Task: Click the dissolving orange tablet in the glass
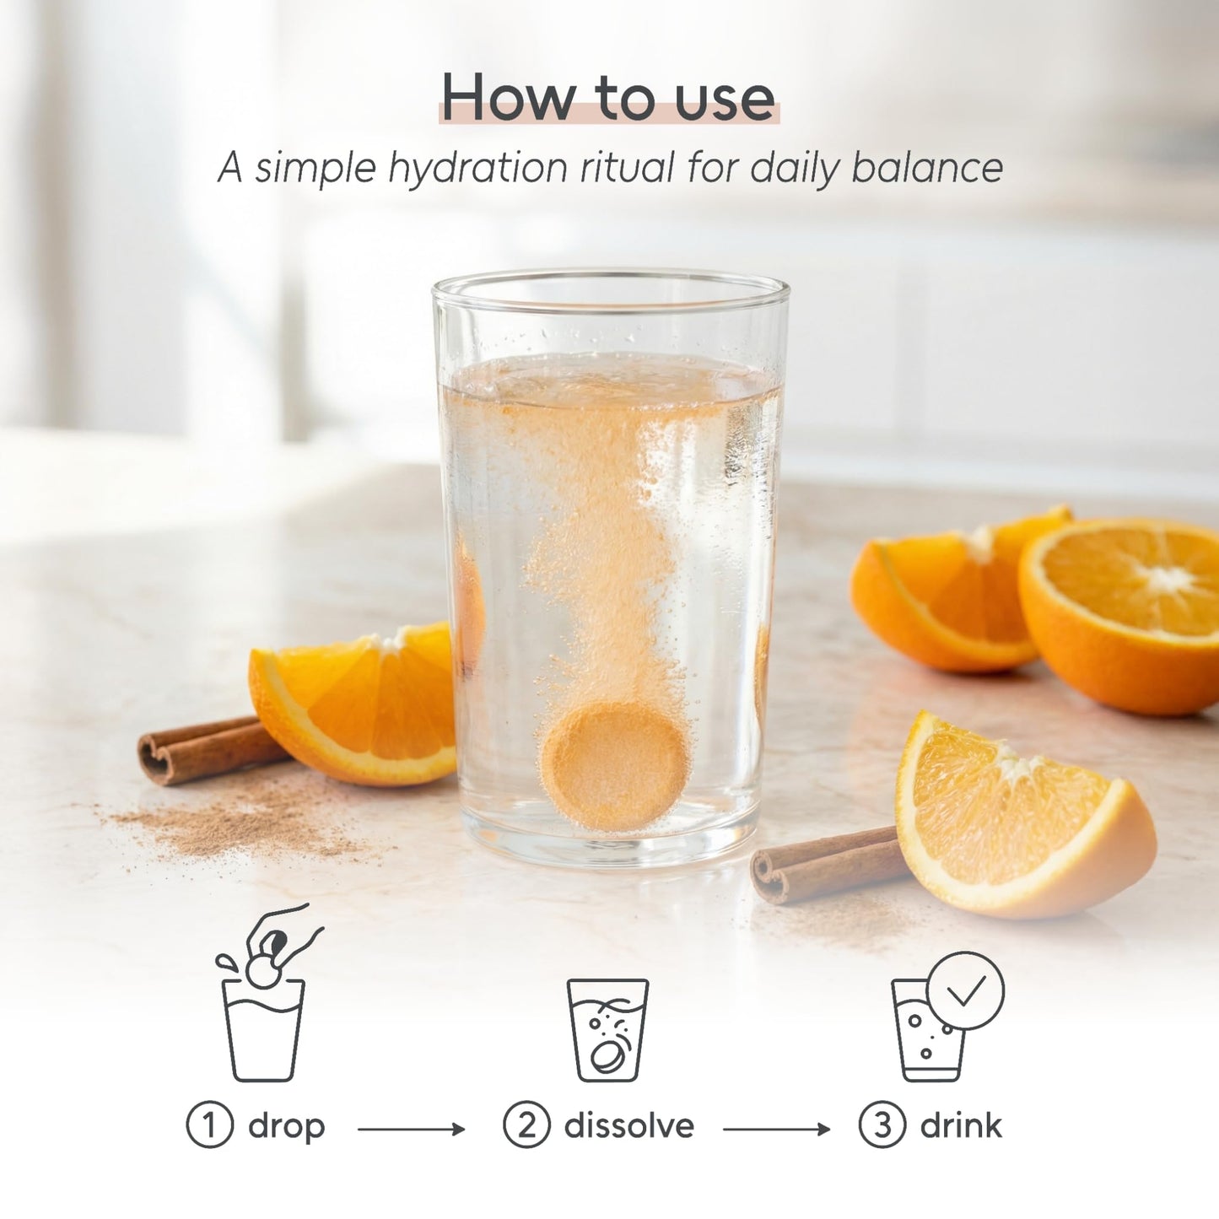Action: pyautogui.click(x=613, y=767)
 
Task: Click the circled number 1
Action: pyautogui.click(x=210, y=1125)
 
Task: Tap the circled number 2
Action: pyautogui.click(x=526, y=1125)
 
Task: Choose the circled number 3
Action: pyautogui.click(x=882, y=1125)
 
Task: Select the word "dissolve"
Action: pyautogui.click(x=628, y=1125)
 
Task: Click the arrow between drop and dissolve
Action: pyautogui.click(x=411, y=1129)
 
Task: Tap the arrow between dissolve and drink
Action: pyautogui.click(x=777, y=1129)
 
